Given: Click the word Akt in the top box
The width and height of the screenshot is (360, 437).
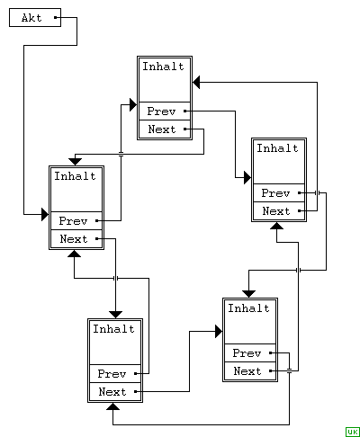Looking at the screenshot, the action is [x=31, y=18].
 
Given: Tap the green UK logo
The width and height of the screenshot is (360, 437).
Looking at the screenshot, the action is [x=353, y=432].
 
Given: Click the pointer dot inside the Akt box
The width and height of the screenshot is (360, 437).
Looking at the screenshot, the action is [x=56, y=17].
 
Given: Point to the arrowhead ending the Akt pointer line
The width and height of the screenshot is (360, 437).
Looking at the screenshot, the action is [x=45, y=214].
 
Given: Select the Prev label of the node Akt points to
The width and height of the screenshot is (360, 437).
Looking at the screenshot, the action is [x=73, y=221].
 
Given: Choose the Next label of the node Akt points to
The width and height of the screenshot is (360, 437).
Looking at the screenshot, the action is [x=74, y=239].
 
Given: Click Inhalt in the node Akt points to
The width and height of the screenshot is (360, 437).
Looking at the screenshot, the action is [x=75, y=176].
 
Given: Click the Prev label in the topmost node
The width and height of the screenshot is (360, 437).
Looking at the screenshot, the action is [x=161, y=111].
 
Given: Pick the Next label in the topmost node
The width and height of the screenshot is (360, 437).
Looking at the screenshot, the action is [x=162, y=129].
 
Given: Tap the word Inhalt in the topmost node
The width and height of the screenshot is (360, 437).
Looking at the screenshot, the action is [x=163, y=67].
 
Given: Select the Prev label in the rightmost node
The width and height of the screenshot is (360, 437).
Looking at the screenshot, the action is [x=275, y=193].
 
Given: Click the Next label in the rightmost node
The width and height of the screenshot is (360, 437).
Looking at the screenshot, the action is [x=276, y=211].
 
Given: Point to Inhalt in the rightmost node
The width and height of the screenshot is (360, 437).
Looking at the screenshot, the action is [x=277, y=148].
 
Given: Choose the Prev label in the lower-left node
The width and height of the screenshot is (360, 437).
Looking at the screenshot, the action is [x=112, y=374].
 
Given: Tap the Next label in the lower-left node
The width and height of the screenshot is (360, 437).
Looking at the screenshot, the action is [x=112, y=392].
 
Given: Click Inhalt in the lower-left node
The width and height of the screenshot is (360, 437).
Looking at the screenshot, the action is [x=113, y=329].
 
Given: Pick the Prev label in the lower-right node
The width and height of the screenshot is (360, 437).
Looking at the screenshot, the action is [x=247, y=353].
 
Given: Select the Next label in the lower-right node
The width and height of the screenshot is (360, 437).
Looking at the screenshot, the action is [x=247, y=371].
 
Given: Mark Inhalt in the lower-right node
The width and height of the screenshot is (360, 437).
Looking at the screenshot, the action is [x=248, y=308].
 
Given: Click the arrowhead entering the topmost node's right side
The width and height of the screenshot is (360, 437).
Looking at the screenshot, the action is [x=196, y=82].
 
